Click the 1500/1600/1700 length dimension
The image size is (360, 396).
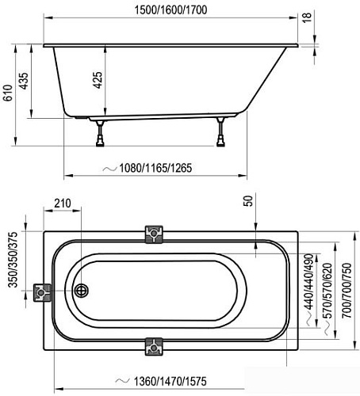click(x=170, y=10)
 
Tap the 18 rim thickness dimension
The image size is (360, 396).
click(x=307, y=17)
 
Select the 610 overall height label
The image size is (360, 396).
click(x=8, y=93)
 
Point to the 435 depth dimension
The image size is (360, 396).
click(x=24, y=81)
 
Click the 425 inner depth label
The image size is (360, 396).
click(x=98, y=80)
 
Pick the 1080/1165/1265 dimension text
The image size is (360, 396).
click(x=155, y=168)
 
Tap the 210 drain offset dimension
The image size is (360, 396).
click(x=63, y=204)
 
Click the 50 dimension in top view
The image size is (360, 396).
click(x=248, y=200)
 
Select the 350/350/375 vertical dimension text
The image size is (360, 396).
click(x=13, y=259)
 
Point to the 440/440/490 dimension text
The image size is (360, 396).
click(x=308, y=281)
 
